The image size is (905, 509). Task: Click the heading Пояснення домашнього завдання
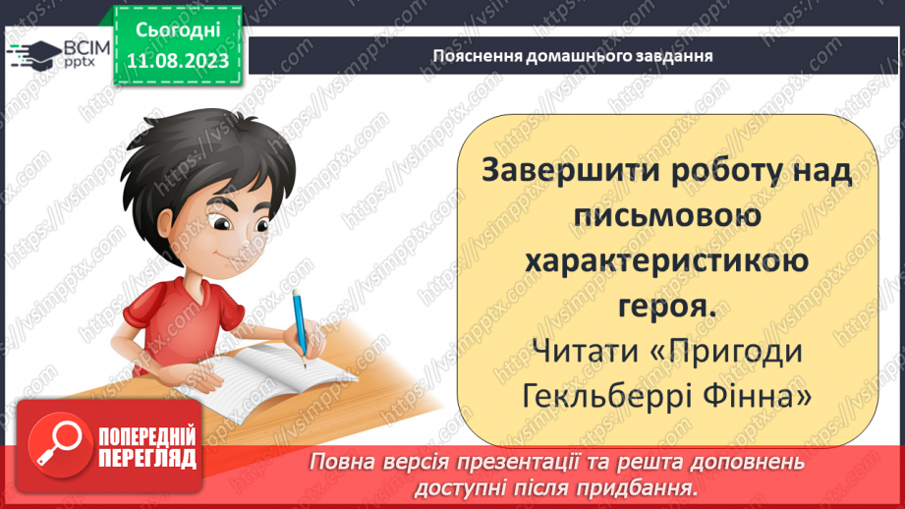click(573, 55)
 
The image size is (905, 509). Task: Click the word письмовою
click(665, 215)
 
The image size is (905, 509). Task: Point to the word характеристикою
click(666, 261)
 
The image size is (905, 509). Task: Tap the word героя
click(665, 307)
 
